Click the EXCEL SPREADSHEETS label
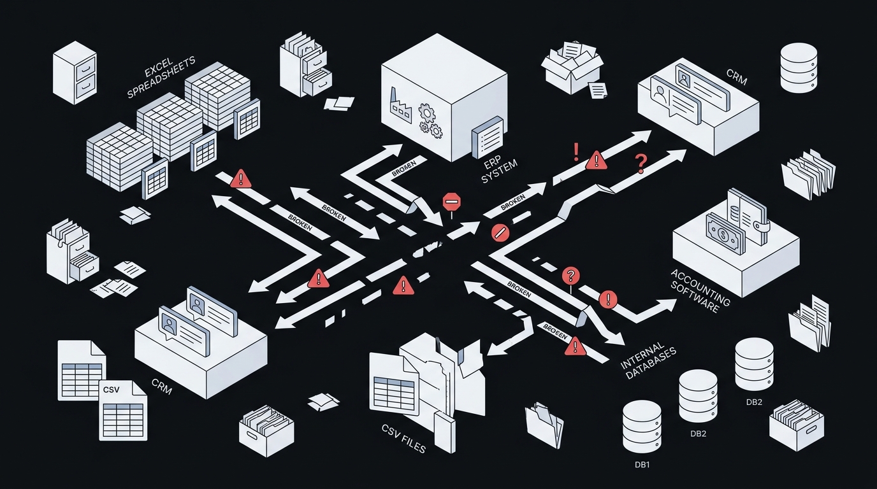pyautogui.click(x=161, y=77)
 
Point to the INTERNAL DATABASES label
pyautogui.click(x=648, y=360)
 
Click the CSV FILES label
pyautogui.click(x=403, y=439)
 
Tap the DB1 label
pyautogui.click(x=642, y=465)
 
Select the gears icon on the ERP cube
pyautogui.click(x=430, y=120)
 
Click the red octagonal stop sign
pyautogui.click(x=451, y=202)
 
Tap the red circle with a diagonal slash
pyautogui.click(x=500, y=233)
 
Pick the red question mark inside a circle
pyautogui.click(x=571, y=276)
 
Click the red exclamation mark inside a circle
pyautogui.click(x=608, y=300)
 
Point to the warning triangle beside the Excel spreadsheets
pyautogui.click(x=241, y=178)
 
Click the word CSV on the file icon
pyautogui.click(x=111, y=390)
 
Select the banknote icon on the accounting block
pyautogui.click(x=725, y=235)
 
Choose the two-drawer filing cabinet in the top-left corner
pyautogui.click(x=75, y=73)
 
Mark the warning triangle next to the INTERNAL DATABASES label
pyautogui.click(x=575, y=346)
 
